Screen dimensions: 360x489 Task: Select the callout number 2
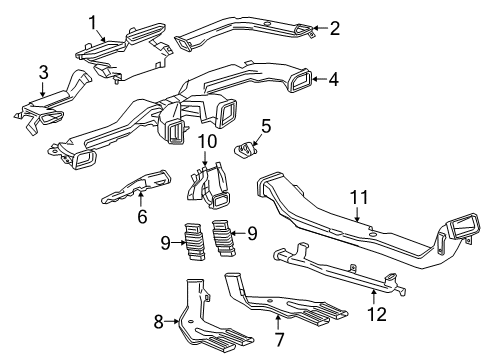pyautogui.click(x=334, y=28)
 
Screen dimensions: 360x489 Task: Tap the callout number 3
pyautogui.click(x=43, y=71)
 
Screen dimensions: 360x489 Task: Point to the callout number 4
pyautogui.click(x=334, y=78)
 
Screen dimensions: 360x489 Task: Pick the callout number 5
pyautogui.click(x=266, y=125)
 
